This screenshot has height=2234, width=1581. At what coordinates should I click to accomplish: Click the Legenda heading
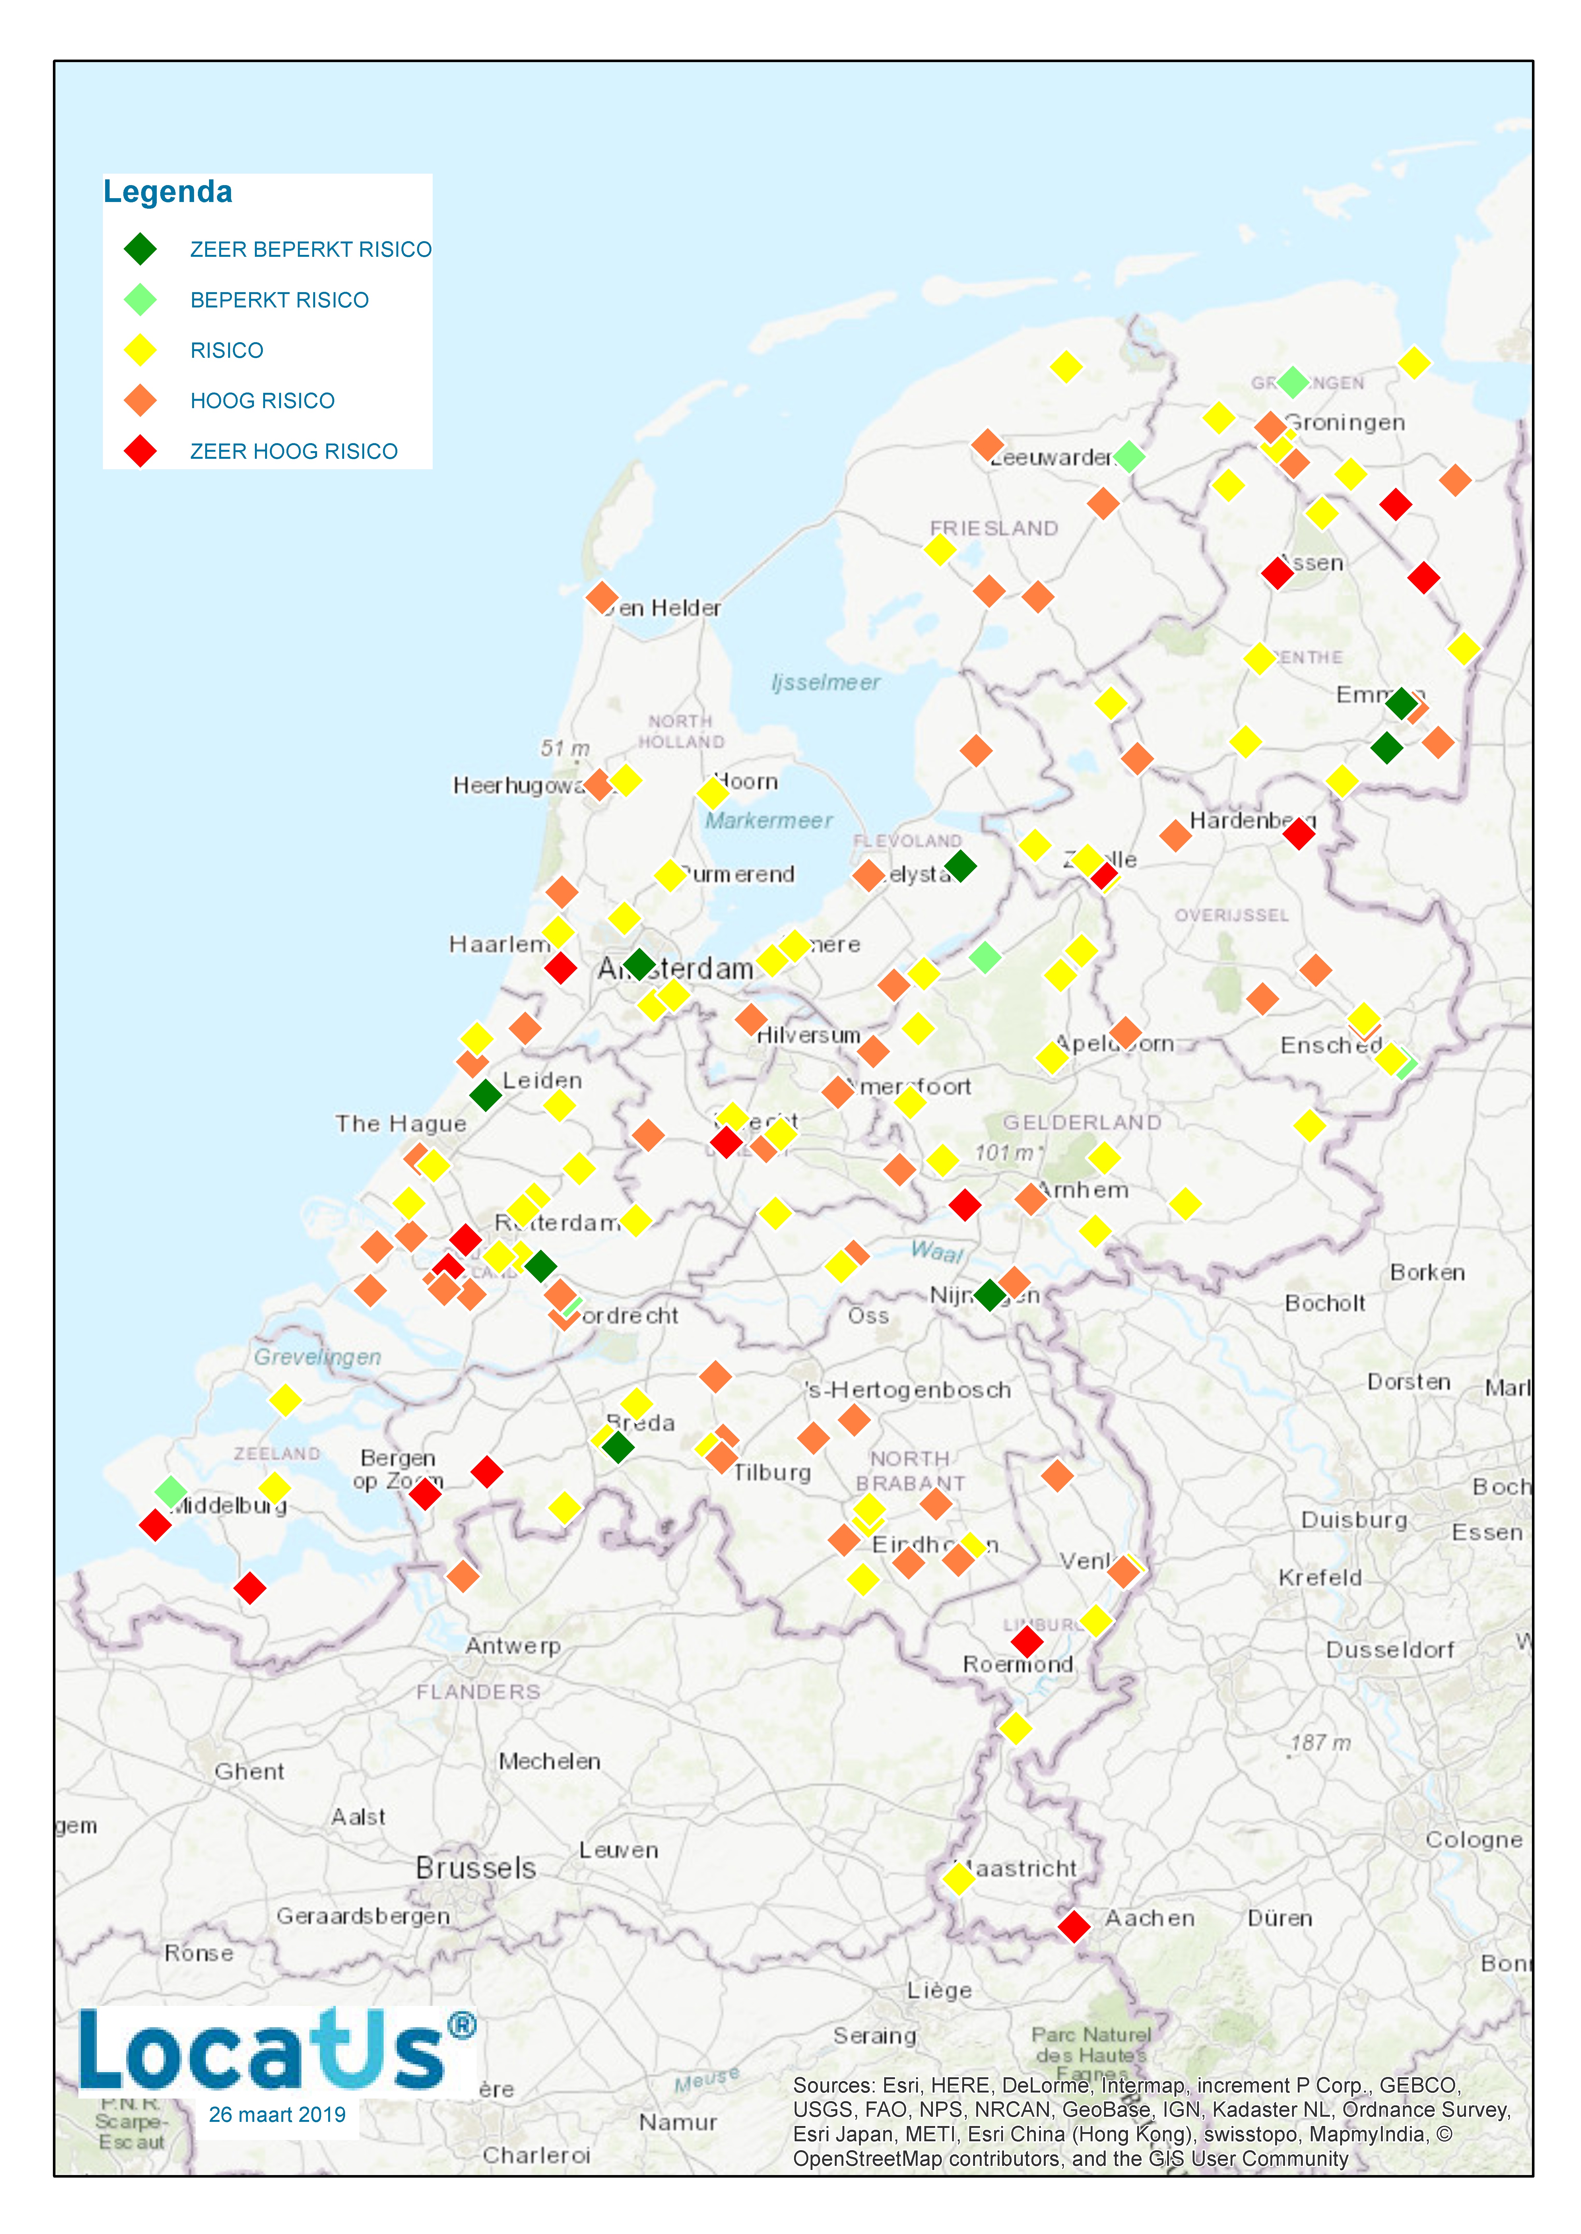click(168, 192)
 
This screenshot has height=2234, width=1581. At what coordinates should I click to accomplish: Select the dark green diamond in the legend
click(140, 249)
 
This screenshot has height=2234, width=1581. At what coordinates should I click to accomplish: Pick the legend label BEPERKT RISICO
click(279, 300)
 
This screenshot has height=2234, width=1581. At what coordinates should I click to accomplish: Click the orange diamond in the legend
click(140, 400)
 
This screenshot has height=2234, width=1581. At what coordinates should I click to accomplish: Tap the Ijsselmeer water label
click(826, 682)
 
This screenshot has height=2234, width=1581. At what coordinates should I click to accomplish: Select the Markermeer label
click(768, 821)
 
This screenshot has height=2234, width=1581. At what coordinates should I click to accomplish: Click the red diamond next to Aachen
click(1074, 1925)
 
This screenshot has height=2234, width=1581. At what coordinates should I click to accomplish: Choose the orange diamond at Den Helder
click(602, 597)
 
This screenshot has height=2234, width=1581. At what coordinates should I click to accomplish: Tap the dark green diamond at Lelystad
click(960, 865)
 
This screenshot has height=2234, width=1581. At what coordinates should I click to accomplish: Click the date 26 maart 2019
click(278, 2114)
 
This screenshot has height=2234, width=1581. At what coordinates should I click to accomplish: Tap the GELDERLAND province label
click(1082, 1122)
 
